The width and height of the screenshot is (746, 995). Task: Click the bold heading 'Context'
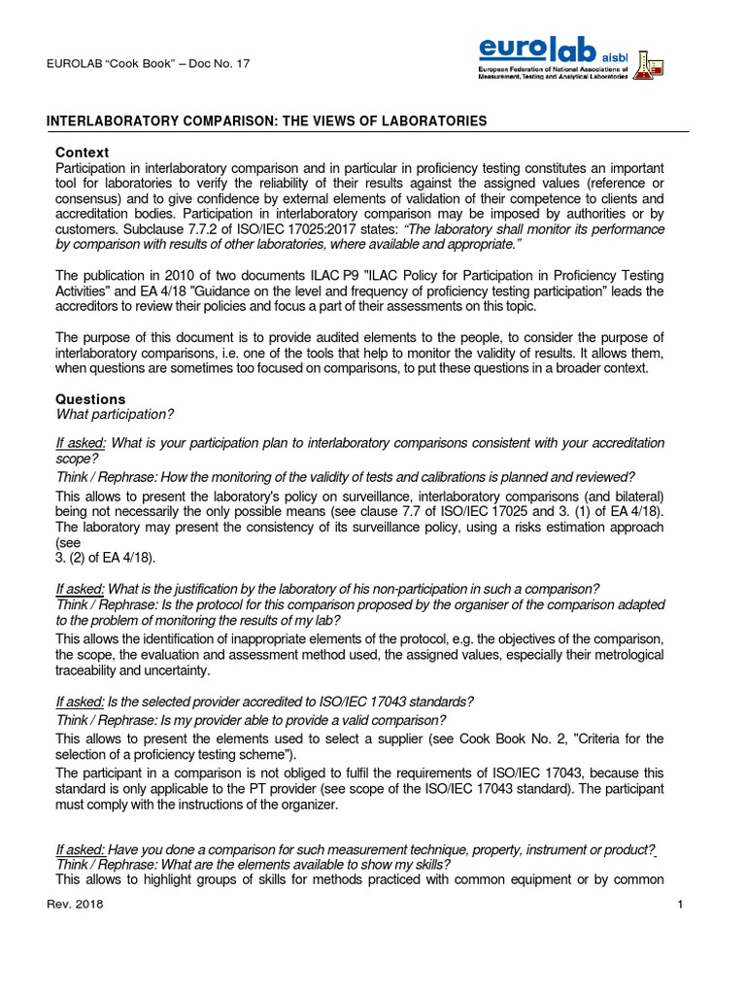click(x=82, y=153)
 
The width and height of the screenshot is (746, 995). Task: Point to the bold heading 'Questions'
click(x=90, y=399)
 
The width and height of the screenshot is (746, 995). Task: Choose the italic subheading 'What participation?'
click(x=115, y=415)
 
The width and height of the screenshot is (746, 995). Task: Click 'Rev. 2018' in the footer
click(x=75, y=905)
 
